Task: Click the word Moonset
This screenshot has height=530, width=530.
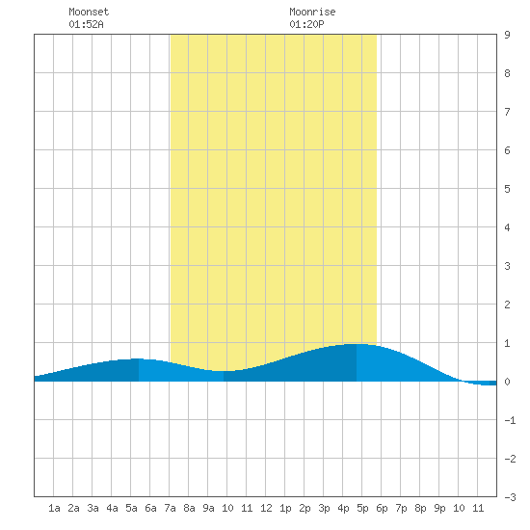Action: click(x=89, y=12)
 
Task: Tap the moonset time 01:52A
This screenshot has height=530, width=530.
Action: click(x=86, y=24)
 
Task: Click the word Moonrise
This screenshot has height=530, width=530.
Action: click(x=312, y=12)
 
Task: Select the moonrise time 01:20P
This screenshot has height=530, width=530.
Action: click(x=306, y=24)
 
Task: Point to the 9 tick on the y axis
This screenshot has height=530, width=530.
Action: click(x=507, y=35)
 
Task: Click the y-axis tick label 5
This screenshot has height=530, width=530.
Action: click(x=507, y=189)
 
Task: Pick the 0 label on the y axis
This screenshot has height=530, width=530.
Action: click(x=507, y=382)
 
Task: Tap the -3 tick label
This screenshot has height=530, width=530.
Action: click(x=510, y=497)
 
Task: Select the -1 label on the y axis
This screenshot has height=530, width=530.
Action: click(x=510, y=420)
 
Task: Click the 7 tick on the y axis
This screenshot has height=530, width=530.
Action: click(x=507, y=112)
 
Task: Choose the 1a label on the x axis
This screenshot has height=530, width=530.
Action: click(x=54, y=508)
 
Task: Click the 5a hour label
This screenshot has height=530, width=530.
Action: click(x=131, y=508)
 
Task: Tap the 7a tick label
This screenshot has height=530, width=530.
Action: click(x=170, y=508)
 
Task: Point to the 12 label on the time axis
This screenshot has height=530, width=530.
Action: click(x=266, y=508)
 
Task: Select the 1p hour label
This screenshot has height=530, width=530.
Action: click(x=285, y=508)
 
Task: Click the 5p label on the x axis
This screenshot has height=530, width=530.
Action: click(x=362, y=508)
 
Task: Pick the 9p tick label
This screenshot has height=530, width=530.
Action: click(x=439, y=508)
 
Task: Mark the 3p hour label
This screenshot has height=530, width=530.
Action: click(x=324, y=508)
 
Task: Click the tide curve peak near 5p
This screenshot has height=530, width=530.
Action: click(x=357, y=344)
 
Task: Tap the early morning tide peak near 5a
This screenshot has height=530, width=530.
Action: click(x=138, y=358)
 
